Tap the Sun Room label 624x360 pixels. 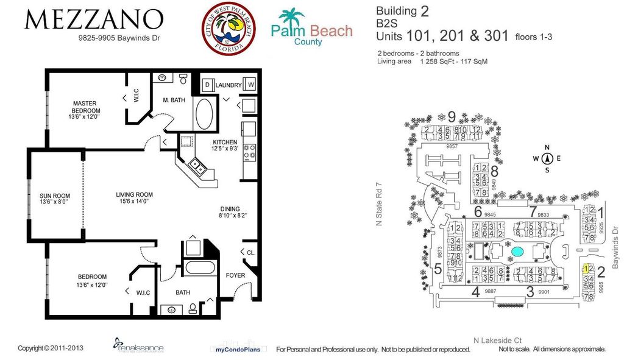point(55,196)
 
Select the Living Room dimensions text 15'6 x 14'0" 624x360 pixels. point(133,202)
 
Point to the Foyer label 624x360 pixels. point(235,275)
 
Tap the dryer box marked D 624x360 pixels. point(207,85)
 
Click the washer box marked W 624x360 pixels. point(250,85)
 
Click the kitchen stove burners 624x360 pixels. point(249,151)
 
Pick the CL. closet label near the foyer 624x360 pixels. point(249,252)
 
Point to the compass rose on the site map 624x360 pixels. point(547,158)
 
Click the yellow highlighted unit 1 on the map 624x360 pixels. point(585,269)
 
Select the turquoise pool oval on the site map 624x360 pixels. point(517,251)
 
